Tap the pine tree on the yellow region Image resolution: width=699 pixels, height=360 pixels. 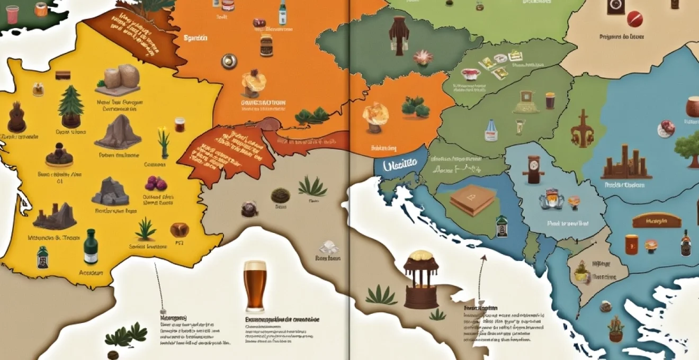tap(70, 106)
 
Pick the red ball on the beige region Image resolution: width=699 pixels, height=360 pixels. tap(634, 19)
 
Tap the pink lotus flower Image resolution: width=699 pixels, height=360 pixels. tap(423, 57)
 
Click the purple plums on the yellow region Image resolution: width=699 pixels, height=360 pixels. tap(156, 183)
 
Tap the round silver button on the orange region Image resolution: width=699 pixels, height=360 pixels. tap(229, 61)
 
